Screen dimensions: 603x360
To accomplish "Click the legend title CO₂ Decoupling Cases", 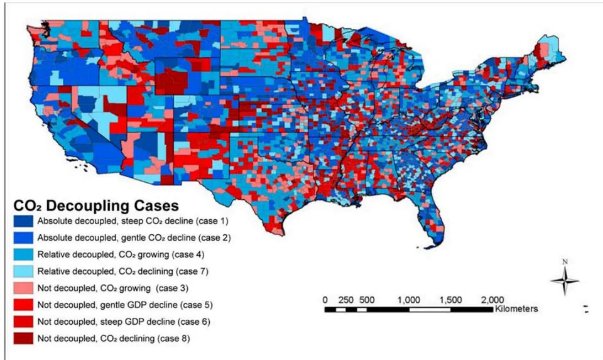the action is [96, 205].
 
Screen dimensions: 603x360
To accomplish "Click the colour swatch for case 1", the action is [23, 221].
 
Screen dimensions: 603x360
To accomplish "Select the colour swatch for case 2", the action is [23, 237].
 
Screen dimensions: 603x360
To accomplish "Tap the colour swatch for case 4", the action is [23, 254].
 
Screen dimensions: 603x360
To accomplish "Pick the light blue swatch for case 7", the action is [23, 271].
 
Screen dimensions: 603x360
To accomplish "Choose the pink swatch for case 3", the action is [23, 288].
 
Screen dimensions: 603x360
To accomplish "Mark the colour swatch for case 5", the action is [23, 305].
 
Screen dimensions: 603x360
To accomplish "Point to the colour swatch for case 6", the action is [23, 322].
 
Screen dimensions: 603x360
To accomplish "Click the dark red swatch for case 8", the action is [23, 338].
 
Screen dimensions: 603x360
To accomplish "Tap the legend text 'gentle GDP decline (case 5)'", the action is [156, 305].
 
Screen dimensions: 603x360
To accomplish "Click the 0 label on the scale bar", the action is [325, 300].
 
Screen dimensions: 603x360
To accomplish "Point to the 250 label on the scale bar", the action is [345, 300].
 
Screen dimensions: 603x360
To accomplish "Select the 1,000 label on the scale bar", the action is [409, 300].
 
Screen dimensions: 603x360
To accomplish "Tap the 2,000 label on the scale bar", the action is [492, 300].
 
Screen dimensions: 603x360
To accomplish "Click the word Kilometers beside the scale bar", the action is [516, 309].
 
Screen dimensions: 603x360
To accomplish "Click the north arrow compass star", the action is [565, 280].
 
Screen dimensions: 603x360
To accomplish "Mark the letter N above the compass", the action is [565, 262].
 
